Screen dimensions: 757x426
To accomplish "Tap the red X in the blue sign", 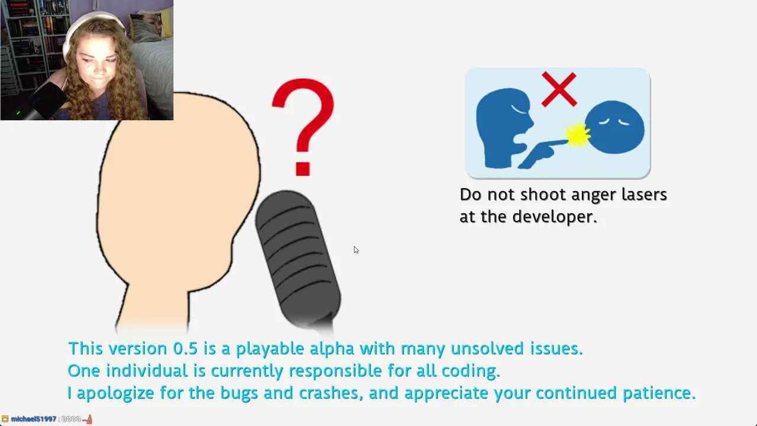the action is (559, 89).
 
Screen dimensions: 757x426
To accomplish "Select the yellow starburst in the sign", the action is (578, 135).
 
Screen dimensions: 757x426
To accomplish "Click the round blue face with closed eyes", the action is (614, 127).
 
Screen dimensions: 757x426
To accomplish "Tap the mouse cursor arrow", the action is (356, 250).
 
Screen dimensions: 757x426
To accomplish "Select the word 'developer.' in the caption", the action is (555, 217).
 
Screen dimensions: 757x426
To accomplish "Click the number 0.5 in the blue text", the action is (185, 348).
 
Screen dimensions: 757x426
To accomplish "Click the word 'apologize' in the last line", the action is (115, 393).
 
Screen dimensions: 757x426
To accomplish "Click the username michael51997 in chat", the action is (34, 419).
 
